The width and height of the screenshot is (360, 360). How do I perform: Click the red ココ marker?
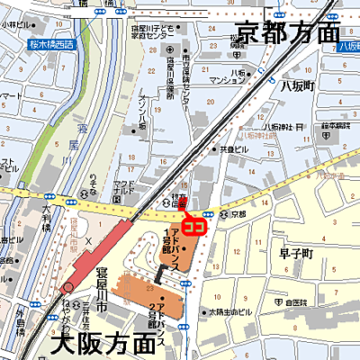[193, 226]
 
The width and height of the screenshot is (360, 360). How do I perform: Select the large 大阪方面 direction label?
[103, 343]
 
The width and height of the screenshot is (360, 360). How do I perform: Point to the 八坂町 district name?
[295, 85]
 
